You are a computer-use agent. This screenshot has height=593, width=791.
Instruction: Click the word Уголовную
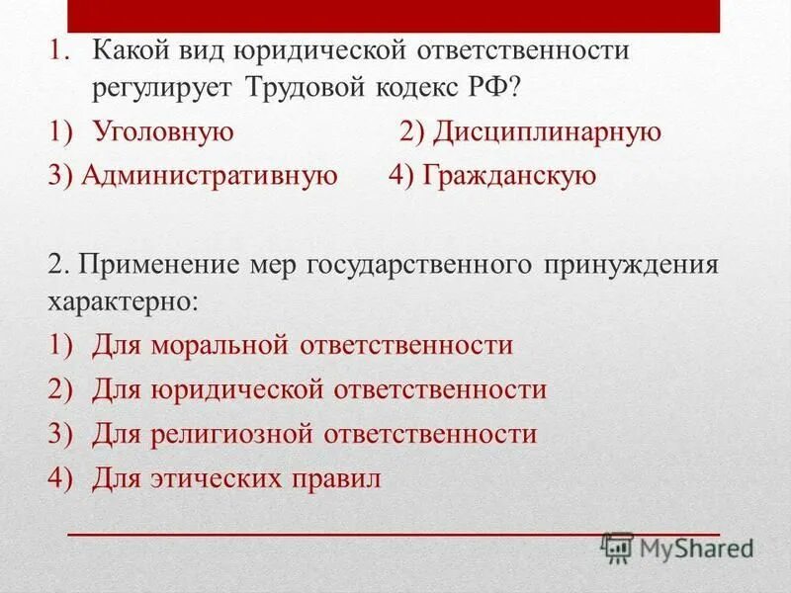[163, 131]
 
